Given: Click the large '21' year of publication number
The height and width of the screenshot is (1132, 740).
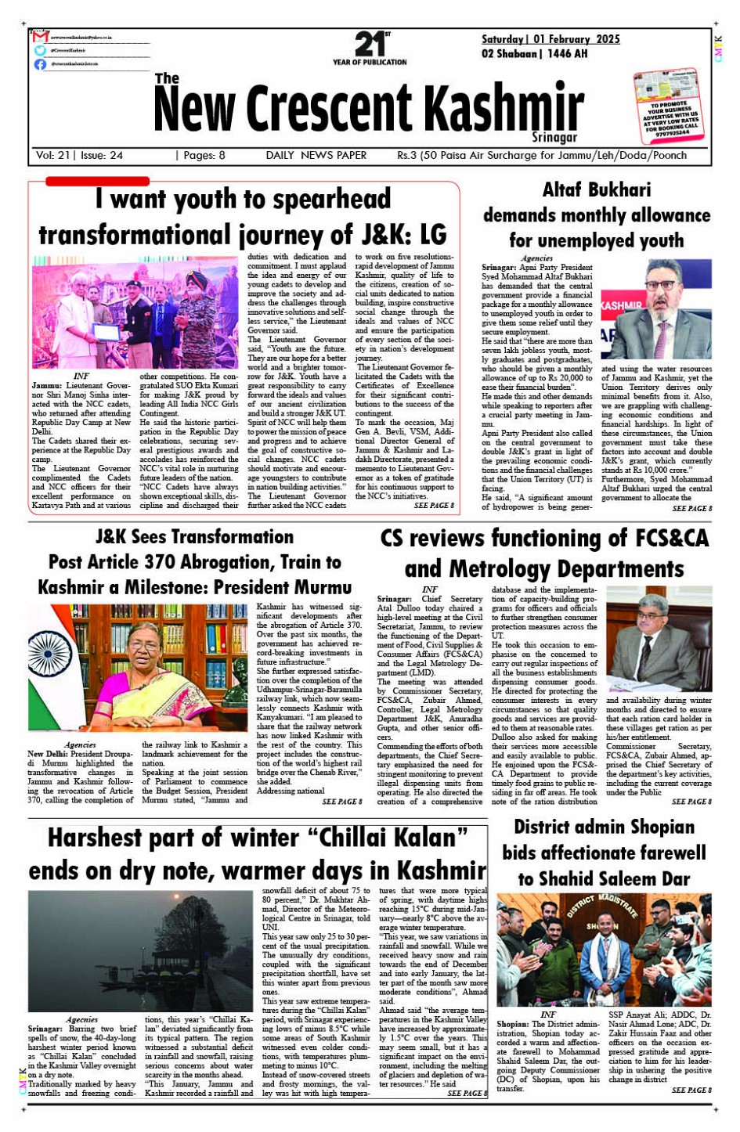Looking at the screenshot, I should tap(369, 44).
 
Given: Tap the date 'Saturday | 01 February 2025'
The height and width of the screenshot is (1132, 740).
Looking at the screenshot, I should tap(550, 39).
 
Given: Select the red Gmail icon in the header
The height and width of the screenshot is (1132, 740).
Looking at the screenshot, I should tap(41, 37).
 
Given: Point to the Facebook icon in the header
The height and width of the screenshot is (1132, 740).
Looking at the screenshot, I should tap(41, 64).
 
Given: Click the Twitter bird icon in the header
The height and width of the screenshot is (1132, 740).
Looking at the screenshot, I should tap(41, 50).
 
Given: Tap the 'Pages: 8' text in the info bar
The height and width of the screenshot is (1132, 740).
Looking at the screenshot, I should tap(204, 155).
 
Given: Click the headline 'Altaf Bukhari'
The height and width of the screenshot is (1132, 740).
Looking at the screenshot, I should tap(597, 189).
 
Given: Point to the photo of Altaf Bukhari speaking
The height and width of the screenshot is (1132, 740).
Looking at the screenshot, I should tap(655, 309).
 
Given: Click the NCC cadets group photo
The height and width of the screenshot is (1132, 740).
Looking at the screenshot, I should tap(135, 313).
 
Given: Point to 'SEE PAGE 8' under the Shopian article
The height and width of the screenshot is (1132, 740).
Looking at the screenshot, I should tap(691, 1090).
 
